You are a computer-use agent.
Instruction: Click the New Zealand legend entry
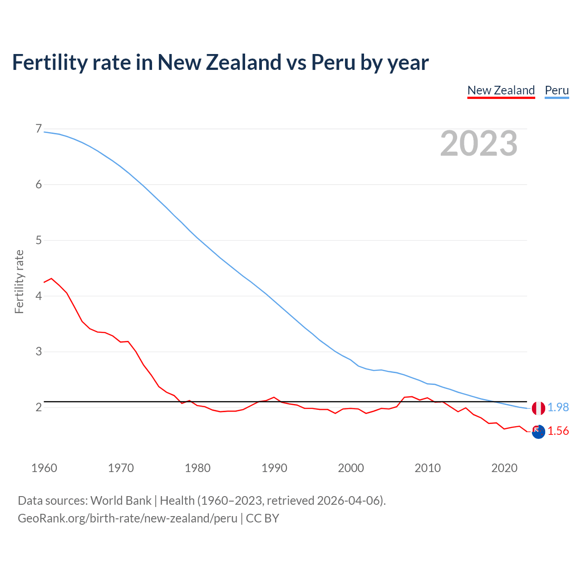(x=501, y=90)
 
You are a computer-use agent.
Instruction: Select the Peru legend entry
(x=556, y=90)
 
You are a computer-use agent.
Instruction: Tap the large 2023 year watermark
(x=478, y=143)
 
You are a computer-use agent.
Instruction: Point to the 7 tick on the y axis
(x=39, y=129)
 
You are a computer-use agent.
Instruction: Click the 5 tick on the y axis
(x=39, y=240)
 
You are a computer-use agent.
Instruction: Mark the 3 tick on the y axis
(x=39, y=351)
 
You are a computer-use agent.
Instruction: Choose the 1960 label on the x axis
(x=44, y=468)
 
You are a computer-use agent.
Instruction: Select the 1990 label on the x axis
(x=274, y=468)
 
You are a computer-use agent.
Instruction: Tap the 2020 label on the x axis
(x=504, y=468)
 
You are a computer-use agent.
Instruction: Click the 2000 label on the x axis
(x=351, y=468)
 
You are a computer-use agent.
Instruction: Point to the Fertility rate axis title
(x=19, y=281)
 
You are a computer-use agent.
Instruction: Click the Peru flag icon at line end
(x=538, y=408)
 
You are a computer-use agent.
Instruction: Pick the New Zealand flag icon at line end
(x=538, y=432)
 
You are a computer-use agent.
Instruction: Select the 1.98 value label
(x=558, y=408)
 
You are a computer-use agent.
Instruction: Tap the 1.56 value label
(x=558, y=431)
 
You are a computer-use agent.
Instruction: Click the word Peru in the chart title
(x=333, y=63)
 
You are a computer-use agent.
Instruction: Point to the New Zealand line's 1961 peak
(x=51, y=278)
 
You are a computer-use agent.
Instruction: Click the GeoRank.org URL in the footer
(x=128, y=518)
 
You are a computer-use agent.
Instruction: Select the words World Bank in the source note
(x=121, y=501)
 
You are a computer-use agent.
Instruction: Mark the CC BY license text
(x=262, y=518)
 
